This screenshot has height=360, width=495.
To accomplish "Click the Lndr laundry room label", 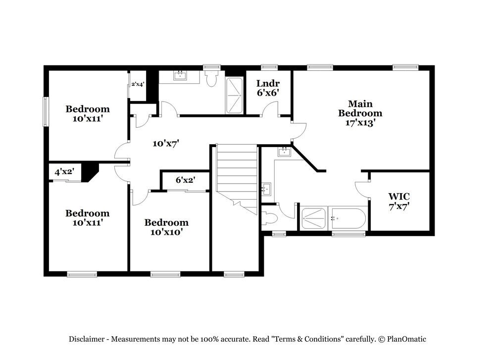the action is pyautogui.click(x=268, y=83).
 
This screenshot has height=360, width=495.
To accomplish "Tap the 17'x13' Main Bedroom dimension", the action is pyautogui.click(x=360, y=122).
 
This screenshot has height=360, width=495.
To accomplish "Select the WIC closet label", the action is pyautogui.click(x=398, y=197).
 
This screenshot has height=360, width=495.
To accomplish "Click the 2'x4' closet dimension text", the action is pyautogui.click(x=138, y=84).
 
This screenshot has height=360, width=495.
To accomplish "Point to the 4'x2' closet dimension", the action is pyautogui.click(x=64, y=172).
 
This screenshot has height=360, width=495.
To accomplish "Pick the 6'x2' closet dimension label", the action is pyautogui.click(x=185, y=180).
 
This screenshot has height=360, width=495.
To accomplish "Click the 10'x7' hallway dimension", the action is pyautogui.click(x=166, y=144).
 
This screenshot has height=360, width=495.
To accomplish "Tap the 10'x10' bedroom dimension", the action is pyautogui.click(x=166, y=232).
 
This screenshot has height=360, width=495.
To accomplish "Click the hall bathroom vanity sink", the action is pyautogui.click(x=180, y=75).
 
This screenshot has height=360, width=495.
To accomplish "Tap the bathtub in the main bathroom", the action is pyautogui.click(x=348, y=218).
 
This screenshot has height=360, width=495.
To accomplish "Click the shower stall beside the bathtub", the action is pyautogui.click(x=313, y=218).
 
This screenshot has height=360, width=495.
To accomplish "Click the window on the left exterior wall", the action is pyautogui.click(x=46, y=111).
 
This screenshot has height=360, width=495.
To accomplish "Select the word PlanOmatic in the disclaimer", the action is pyautogui.click(x=406, y=339).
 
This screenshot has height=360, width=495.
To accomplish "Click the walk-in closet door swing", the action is pyautogui.click(x=362, y=190).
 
